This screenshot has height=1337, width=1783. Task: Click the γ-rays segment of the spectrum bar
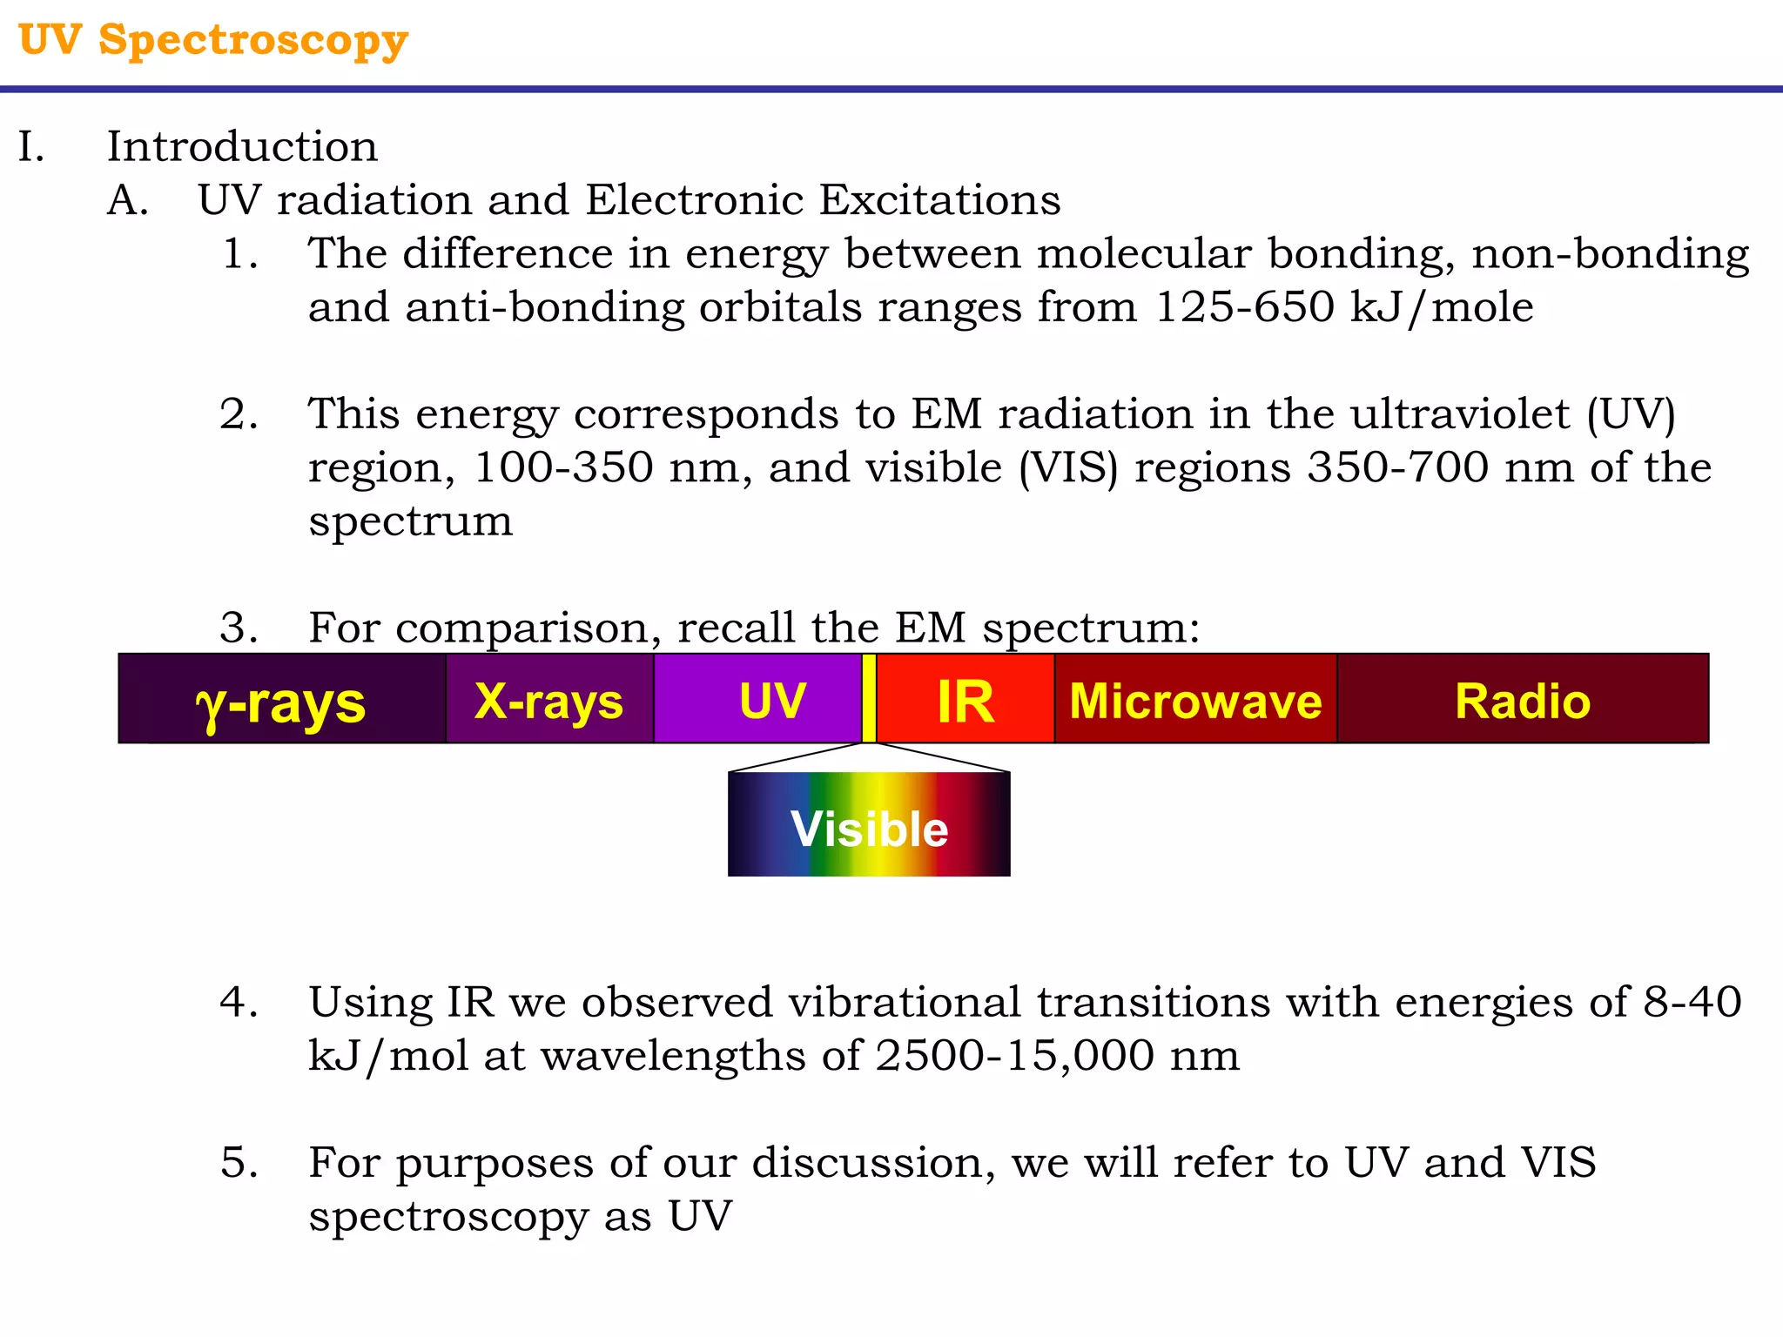[x=281, y=702]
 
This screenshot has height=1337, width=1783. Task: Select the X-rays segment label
[x=548, y=701]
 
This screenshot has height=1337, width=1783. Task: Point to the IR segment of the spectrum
[x=966, y=701]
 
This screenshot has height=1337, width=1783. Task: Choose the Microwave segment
[x=1195, y=701]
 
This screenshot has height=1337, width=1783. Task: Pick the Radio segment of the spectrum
[x=1523, y=701]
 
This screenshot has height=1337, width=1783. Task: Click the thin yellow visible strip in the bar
[x=869, y=698]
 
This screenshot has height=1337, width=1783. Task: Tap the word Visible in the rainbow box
[x=869, y=829]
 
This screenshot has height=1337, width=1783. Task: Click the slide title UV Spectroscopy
[x=213, y=40]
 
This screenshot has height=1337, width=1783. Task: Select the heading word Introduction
[x=242, y=146]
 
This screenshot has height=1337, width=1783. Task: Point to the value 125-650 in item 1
[x=1244, y=306]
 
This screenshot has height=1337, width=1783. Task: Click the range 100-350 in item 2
[x=562, y=467]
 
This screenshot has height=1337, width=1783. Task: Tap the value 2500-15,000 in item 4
[x=1013, y=1056]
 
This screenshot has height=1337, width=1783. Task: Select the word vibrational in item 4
[x=905, y=1002]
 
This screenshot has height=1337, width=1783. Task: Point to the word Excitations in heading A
[x=939, y=200]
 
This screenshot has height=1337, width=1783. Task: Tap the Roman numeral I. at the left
[x=31, y=146]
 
